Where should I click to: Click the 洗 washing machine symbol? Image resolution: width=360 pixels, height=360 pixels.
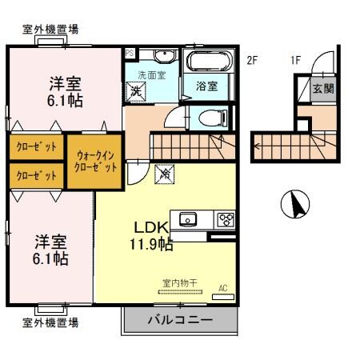click(x=137, y=90)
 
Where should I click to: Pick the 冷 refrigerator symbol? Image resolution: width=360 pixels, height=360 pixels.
click(x=166, y=170)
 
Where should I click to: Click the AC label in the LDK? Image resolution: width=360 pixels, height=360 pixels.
click(x=223, y=288)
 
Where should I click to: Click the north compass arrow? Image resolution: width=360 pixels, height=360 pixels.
click(x=295, y=205)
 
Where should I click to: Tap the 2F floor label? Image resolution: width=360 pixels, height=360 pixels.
click(x=252, y=59)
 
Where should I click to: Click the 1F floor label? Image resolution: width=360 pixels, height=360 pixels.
click(x=296, y=59)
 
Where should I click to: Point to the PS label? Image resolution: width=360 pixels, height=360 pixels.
click(x=129, y=53)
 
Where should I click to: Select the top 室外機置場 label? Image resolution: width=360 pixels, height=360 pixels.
click(x=50, y=29)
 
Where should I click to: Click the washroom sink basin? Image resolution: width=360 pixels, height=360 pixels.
click(x=165, y=56)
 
